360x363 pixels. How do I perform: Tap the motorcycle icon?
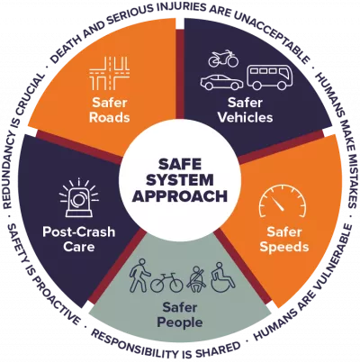coord(223,60)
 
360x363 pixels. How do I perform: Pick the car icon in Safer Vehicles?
coord(220,83)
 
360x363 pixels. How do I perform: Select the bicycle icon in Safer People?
coord(166,282)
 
